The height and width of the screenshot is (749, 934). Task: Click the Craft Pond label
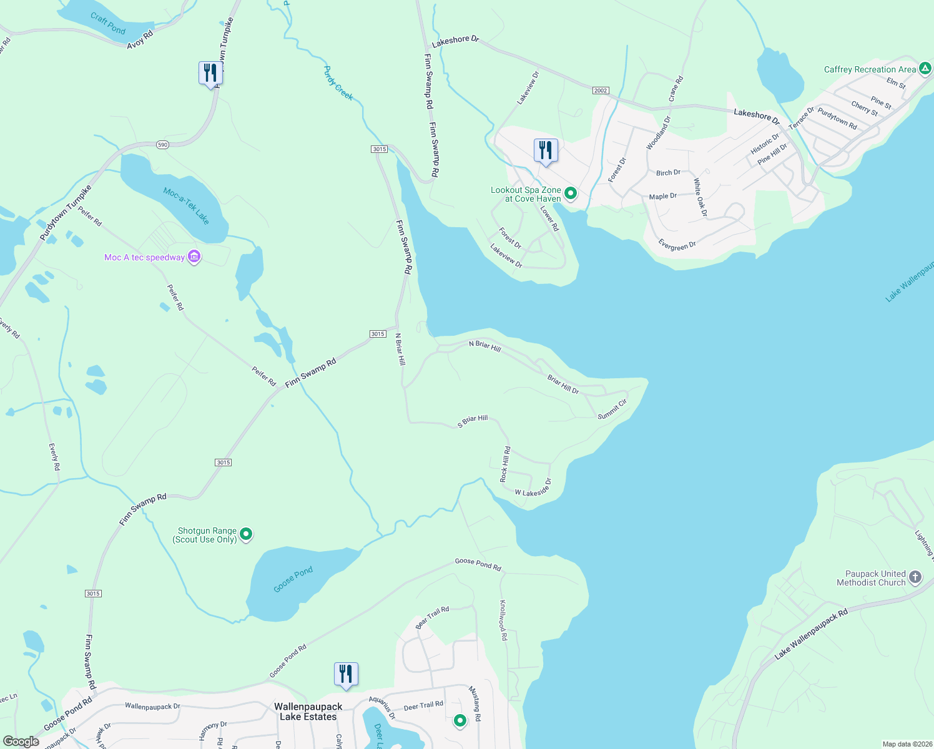(108, 23)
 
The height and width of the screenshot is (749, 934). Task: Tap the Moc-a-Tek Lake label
(186, 206)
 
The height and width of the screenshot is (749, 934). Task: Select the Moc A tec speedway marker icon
(194, 257)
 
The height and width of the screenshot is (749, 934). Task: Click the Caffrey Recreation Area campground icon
(925, 69)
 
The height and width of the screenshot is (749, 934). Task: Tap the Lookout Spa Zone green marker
(570, 194)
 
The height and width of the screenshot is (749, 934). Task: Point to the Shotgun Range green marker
(246, 534)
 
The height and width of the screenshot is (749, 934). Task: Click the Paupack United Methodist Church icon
(915, 577)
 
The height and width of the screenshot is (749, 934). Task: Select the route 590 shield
(162, 145)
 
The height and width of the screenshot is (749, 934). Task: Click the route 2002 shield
(600, 91)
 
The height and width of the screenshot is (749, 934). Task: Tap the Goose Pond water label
(293, 580)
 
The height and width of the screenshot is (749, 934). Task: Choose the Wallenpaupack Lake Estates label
(308, 712)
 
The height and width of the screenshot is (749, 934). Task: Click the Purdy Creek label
(338, 83)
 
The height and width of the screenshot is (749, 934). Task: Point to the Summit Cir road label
(612, 409)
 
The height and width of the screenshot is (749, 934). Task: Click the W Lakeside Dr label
(533, 488)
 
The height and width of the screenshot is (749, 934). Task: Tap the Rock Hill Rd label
(505, 464)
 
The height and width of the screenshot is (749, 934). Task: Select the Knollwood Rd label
(503, 620)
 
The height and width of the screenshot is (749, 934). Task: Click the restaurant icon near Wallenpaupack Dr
(346, 675)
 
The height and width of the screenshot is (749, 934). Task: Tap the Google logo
(21, 742)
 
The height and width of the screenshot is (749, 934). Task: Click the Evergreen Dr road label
(677, 245)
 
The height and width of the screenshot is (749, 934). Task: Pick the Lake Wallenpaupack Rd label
(811, 634)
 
